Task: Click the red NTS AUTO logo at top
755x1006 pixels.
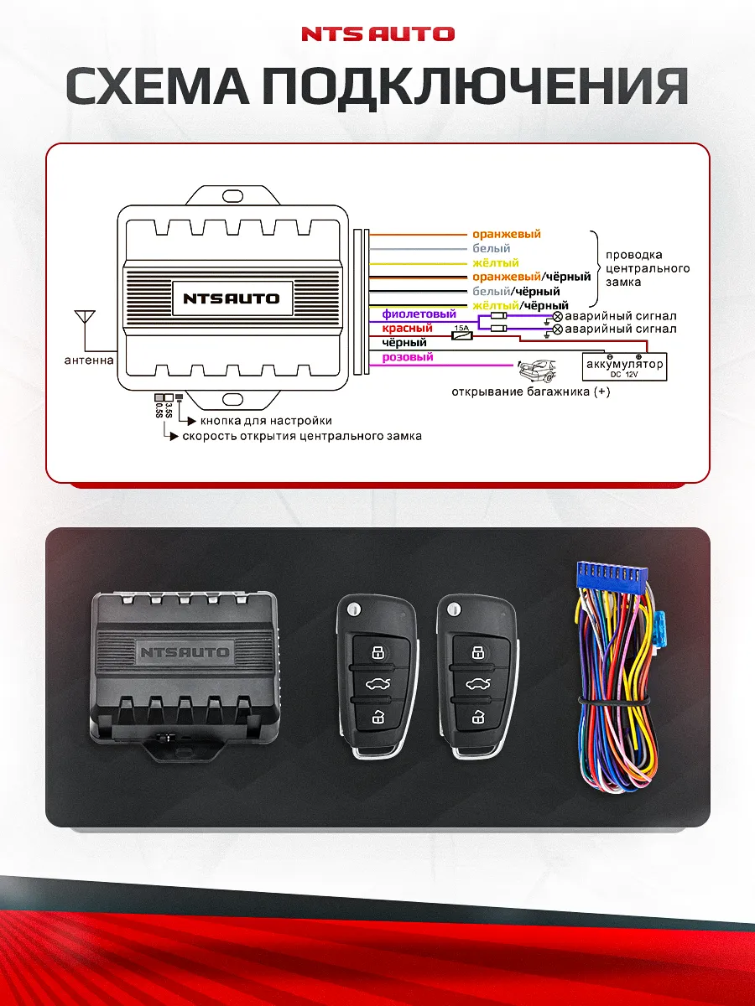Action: pyautogui.click(x=377, y=34)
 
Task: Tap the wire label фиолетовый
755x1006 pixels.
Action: pyautogui.click(x=419, y=314)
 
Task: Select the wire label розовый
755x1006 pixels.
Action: pyautogui.click(x=408, y=357)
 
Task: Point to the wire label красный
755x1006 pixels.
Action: pyautogui.click(x=407, y=329)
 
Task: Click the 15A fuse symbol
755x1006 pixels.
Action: pyautogui.click(x=461, y=334)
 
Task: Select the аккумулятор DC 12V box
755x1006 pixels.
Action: pyautogui.click(x=625, y=366)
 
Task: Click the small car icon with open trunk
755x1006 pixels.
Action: pyautogui.click(x=537, y=368)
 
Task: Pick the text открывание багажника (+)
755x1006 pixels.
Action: pyautogui.click(x=530, y=392)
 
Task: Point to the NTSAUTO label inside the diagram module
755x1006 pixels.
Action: pyautogui.click(x=232, y=298)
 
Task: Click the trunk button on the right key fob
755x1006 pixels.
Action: pyautogui.click(x=476, y=683)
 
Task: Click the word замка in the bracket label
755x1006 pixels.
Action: pyautogui.click(x=622, y=283)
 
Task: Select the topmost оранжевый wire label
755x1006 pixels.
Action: pyautogui.click(x=507, y=235)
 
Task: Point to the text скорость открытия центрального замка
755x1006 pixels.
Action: pyautogui.click(x=302, y=436)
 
